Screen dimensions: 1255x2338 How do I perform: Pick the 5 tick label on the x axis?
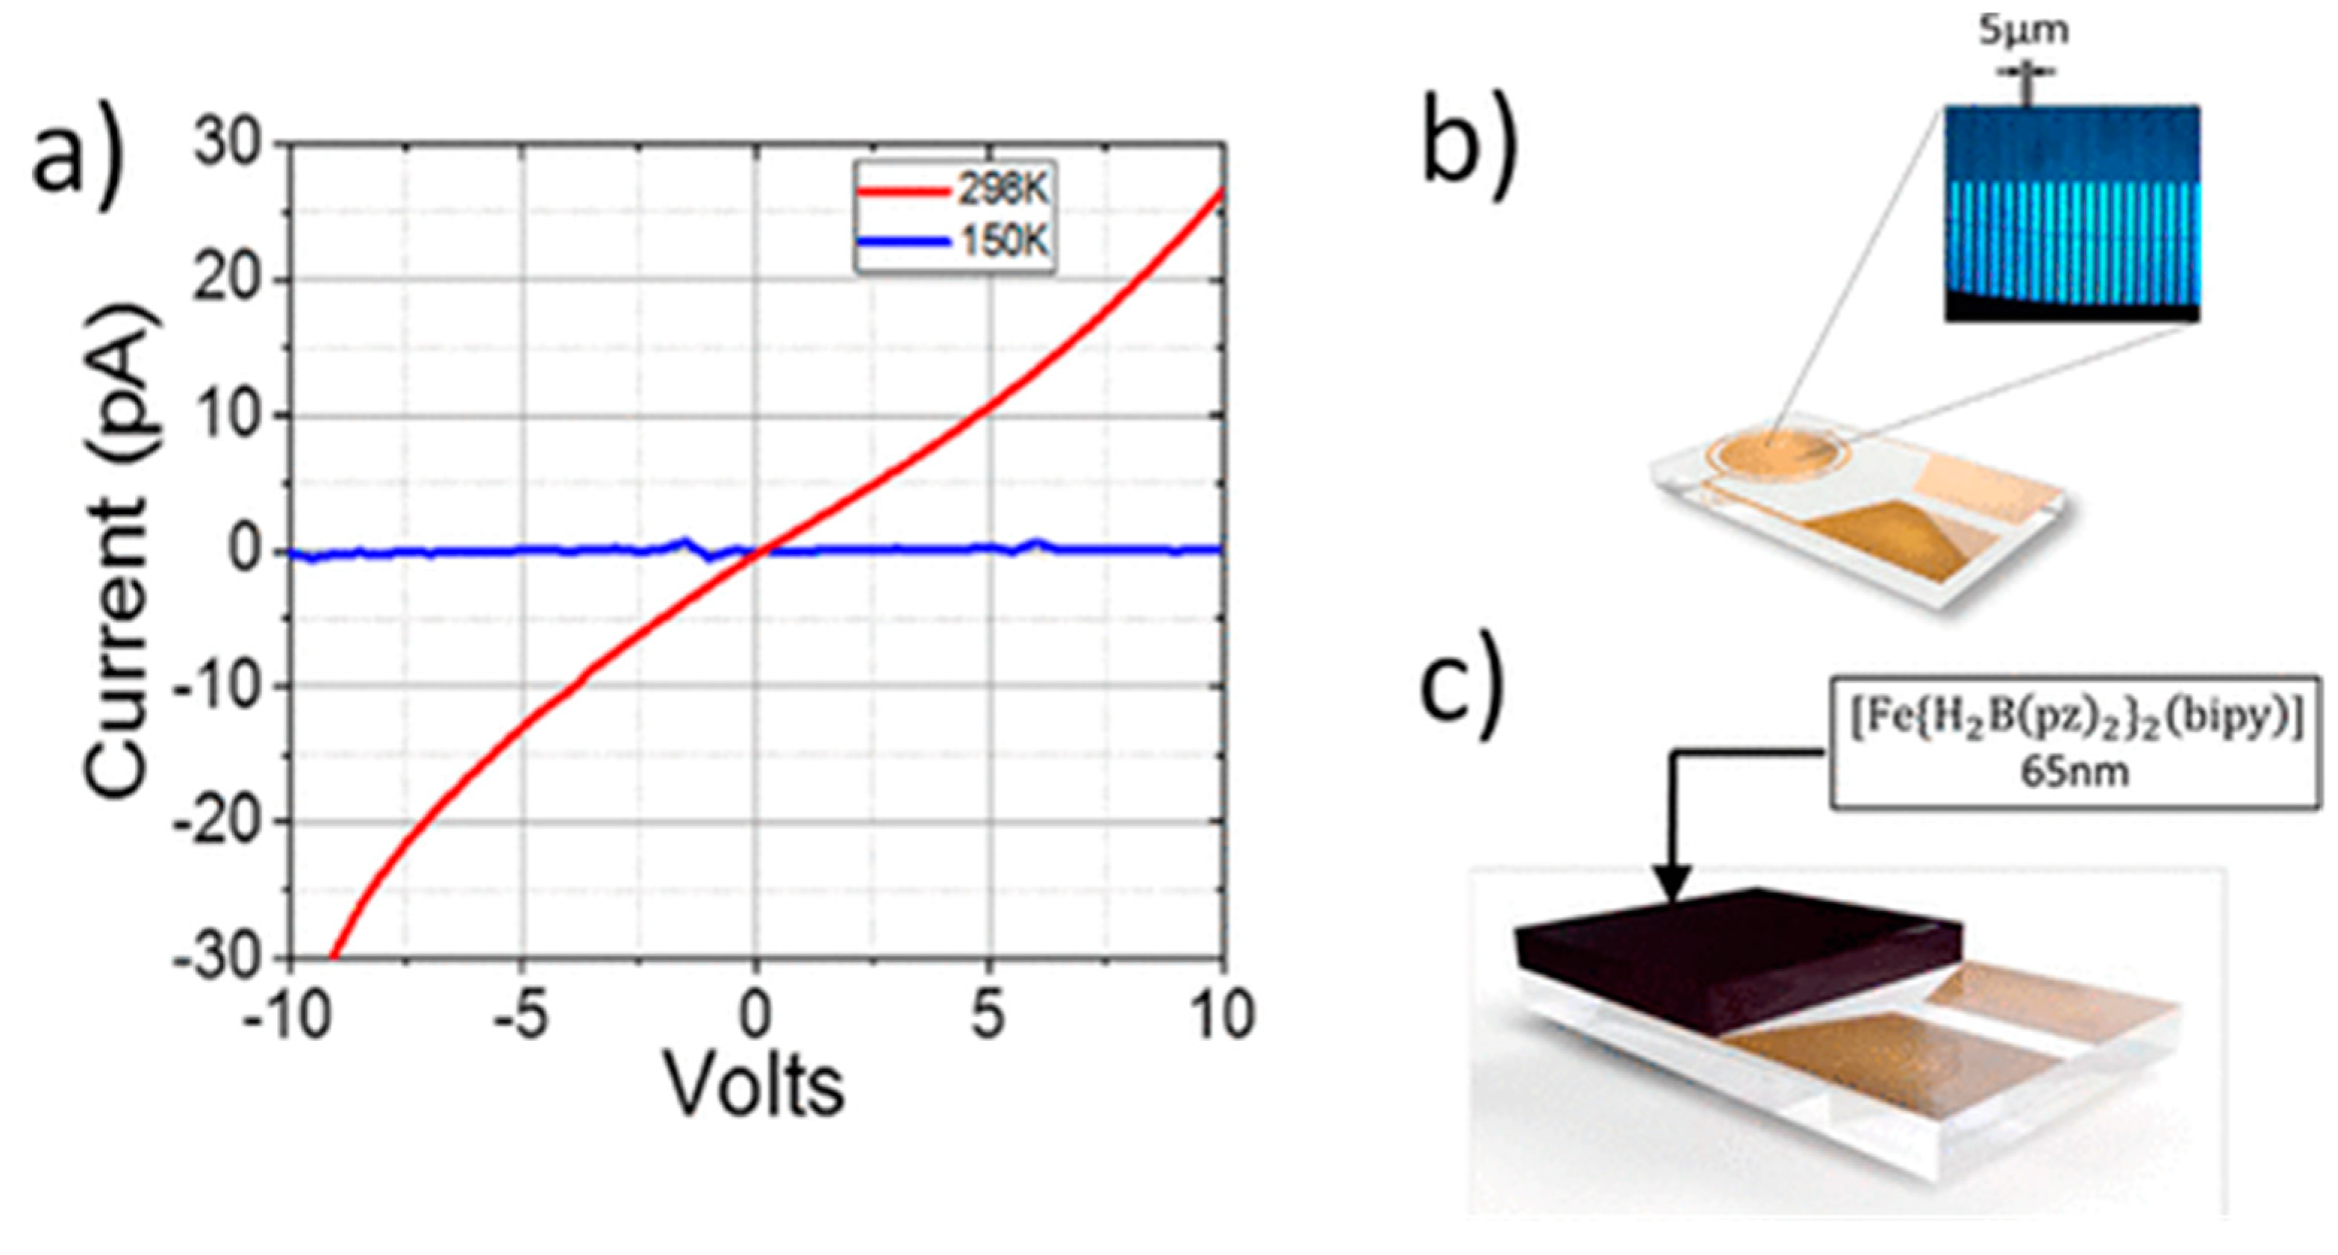[x=988, y=1015]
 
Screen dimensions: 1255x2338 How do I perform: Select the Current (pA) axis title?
[x=118, y=551]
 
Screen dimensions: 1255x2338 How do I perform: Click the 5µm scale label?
[x=2023, y=32]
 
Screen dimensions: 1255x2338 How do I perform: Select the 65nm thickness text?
[x=2074, y=772]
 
